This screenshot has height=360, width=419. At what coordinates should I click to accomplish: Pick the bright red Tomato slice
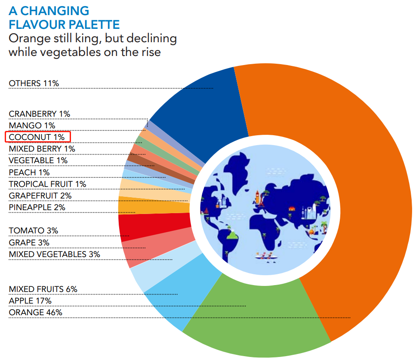pos(155,226)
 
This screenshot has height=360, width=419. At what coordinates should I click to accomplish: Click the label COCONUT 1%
pos(37,137)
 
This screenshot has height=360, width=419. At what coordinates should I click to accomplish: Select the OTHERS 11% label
pos(34,83)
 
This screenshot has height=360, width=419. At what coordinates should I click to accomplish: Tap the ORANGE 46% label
pos(35,312)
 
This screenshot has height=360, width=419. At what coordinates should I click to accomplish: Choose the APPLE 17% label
pos(30,301)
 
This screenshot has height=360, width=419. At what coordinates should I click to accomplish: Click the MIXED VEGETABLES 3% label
pos(54,254)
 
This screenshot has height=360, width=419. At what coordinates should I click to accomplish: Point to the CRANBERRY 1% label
pos(39,114)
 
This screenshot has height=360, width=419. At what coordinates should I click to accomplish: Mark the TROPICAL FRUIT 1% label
pos(47,184)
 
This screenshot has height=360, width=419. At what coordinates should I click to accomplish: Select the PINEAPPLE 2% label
pos(37,207)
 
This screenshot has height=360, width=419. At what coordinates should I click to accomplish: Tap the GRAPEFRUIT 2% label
pos(40,196)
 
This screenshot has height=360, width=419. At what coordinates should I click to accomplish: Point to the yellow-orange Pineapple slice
pos(153,205)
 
